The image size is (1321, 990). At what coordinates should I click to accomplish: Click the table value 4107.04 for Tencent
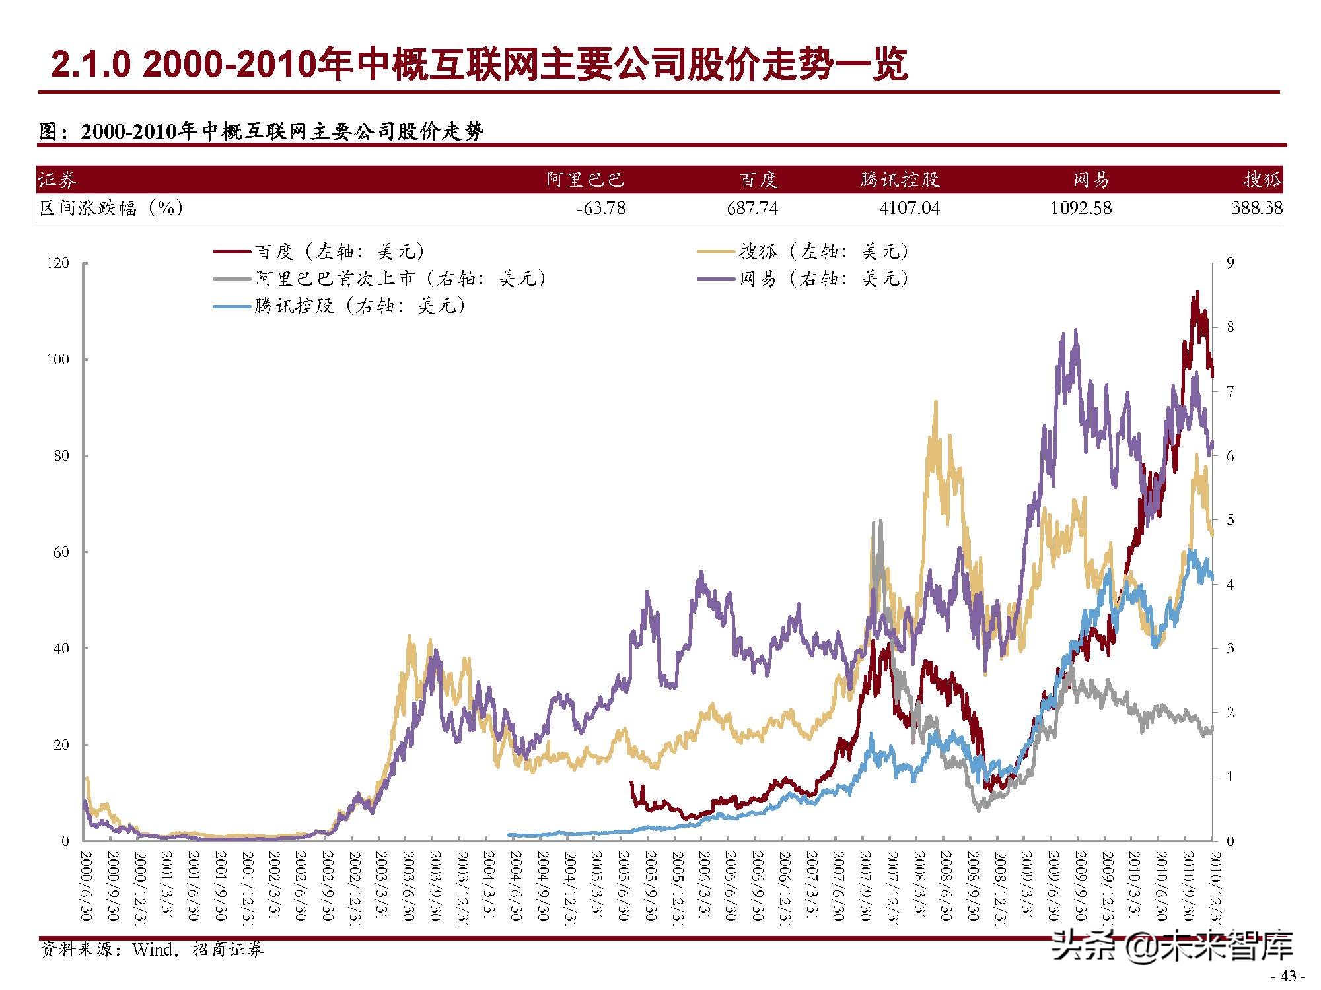(909, 209)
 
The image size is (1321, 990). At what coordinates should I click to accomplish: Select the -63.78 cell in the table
(600, 209)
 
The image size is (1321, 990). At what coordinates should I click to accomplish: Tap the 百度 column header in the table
(758, 180)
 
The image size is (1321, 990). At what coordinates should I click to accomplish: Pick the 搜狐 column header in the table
(1262, 180)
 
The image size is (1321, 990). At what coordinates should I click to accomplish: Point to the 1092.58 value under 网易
(1081, 209)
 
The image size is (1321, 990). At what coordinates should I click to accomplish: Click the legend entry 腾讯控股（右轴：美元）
(360, 306)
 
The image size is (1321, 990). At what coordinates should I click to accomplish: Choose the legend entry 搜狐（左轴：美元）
(823, 251)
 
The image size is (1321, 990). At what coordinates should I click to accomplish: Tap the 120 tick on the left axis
(58, 263)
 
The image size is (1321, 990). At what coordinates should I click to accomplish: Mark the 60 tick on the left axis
(61, 552)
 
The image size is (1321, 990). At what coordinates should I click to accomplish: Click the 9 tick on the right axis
(1230, 263)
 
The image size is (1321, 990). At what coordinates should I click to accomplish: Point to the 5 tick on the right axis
(1230, 520)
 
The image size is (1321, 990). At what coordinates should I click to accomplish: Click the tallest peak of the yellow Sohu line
(935, 401)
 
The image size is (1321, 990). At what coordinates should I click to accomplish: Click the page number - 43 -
(1289, 976)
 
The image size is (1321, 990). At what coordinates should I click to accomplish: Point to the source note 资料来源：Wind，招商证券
(152, 950)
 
